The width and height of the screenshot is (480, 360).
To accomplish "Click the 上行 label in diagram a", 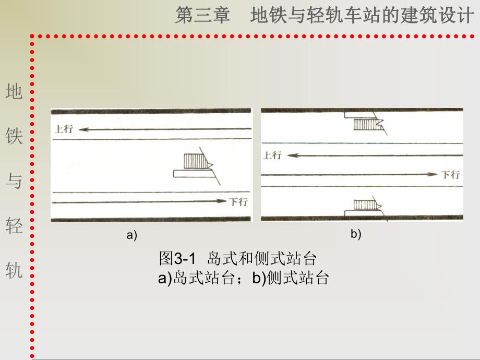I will pos(64,129).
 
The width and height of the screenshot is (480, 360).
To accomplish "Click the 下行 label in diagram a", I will pos(238,202).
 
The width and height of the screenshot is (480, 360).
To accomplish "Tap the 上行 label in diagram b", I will pos(272,155).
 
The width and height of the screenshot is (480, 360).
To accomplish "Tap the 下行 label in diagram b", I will pos(451,175).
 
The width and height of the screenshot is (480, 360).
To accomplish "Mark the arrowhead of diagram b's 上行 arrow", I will pos(292,155).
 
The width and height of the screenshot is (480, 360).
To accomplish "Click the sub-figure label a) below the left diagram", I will pos(131,235).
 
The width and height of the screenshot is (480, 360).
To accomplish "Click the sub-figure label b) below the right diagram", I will pos(356,234).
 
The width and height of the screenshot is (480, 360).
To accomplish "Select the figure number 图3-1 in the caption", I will pos(177,258).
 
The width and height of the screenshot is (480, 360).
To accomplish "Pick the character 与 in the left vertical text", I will pos(14,181).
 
